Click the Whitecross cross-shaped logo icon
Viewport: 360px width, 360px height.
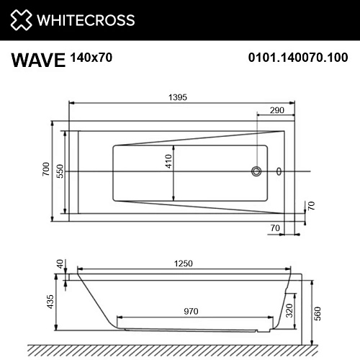[22, 19]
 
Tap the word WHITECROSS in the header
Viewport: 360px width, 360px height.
[86, 19]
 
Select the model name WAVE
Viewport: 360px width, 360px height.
[37, 59]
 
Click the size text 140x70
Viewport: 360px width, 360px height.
[91, 56]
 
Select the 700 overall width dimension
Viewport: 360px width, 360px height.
[46, 171]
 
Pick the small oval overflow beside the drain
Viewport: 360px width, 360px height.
[279, 171]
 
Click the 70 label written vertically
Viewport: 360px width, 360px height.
[312, 205]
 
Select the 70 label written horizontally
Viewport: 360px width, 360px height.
[275, 228]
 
